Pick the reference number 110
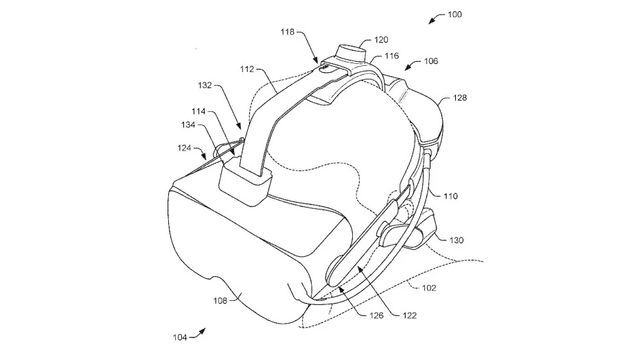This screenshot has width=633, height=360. [450, 196]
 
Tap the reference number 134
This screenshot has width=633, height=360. [188, 124]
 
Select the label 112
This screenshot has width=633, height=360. [246, 69]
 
